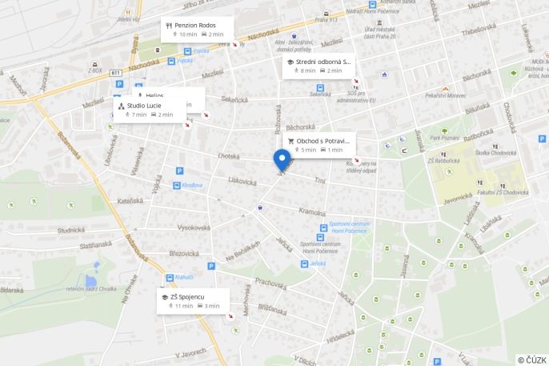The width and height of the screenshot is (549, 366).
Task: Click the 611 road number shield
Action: (x=116, y=73)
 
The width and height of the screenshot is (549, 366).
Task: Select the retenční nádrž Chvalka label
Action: (x=91, y=288)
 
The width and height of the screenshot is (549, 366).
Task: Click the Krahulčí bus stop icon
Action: (x=170, y=277)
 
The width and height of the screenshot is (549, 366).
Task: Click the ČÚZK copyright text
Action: (x=532, y=360)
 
